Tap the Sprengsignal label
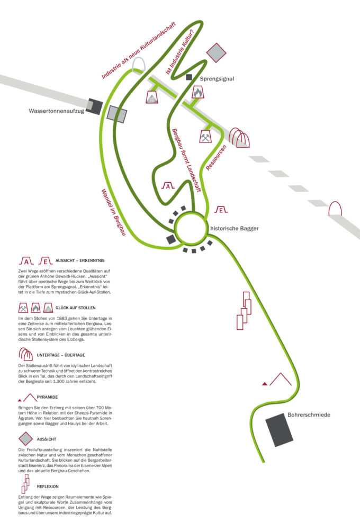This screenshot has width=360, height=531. click(x=217, y=78)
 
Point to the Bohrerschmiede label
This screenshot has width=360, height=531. click(x=309, y=415)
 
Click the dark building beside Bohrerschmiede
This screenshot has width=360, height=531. click(x=279, y=430)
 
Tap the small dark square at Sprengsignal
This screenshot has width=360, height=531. click(x=189, y=77)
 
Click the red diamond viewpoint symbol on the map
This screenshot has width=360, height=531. click(x=215, y=53)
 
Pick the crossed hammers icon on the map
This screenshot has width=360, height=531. click(x=205, y=137)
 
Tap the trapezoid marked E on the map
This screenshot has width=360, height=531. click(x=222, y=210)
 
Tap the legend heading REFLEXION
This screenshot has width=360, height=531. click(x=48, y=485)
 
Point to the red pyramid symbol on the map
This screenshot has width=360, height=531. click(x=281, y=379)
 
